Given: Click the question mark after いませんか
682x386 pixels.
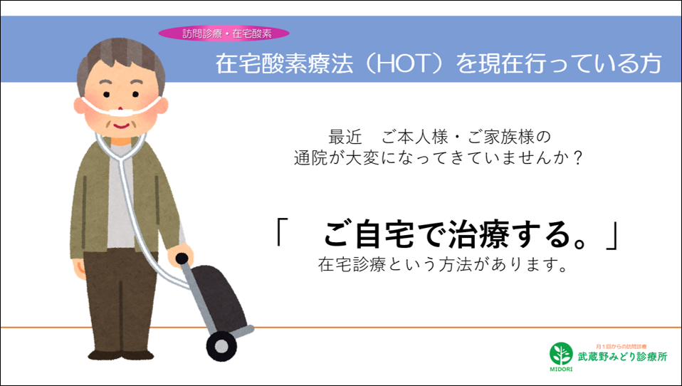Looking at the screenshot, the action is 577,158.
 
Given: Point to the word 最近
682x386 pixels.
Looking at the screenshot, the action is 345,137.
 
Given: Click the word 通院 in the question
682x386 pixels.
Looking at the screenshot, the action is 310,158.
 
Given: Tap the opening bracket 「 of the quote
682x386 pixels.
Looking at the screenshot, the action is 280,231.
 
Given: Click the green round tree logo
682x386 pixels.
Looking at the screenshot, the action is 561,353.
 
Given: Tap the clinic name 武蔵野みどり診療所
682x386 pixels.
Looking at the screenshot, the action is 622,357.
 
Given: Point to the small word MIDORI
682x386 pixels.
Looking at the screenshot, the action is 561,369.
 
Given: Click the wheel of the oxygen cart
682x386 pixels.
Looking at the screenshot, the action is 221,346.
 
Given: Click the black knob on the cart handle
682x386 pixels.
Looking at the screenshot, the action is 182,259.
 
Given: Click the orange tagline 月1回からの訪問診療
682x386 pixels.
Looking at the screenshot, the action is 621,346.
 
